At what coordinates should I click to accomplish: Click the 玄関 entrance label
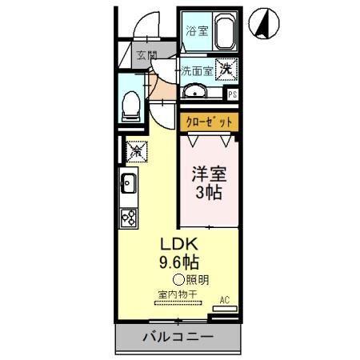pos(146,55)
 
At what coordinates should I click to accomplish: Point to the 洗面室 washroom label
pos(196,70)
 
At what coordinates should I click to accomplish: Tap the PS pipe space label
pos(233,94)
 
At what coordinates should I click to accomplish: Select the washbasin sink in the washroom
pos(194,93)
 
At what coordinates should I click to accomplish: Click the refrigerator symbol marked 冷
pos(135,150)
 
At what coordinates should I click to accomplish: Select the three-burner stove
pos(129,216)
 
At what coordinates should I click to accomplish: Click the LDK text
pos(181,244)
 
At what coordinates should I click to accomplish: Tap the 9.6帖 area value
pos(181,262)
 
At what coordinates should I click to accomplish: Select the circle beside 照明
pos(178,279)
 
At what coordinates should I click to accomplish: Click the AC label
pos(224,300)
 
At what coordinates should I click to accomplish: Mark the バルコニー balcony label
pos(178,337)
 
